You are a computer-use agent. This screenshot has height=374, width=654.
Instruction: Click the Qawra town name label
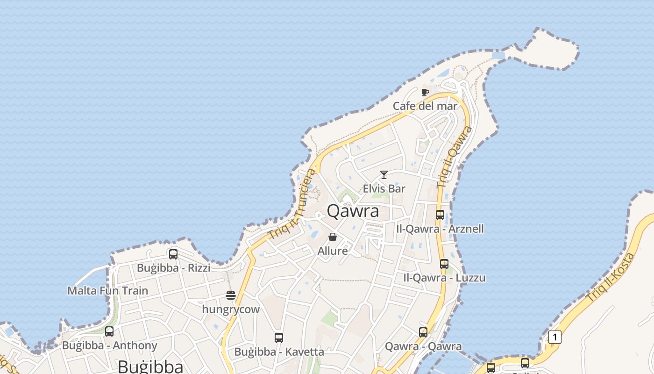353,211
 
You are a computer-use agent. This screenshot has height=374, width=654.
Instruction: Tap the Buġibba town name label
150,367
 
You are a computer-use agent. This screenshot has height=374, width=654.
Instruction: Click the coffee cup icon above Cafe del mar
425,92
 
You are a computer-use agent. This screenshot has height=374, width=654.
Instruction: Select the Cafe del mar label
425,106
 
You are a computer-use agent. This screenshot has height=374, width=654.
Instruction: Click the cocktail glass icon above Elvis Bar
384,175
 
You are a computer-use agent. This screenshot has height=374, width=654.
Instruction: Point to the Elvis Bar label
384,189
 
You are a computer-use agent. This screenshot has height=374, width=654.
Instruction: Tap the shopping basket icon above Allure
333,237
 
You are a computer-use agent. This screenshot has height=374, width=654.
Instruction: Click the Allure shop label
333,251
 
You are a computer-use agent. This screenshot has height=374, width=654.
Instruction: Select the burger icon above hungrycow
231,295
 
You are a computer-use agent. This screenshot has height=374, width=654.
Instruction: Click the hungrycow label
231,309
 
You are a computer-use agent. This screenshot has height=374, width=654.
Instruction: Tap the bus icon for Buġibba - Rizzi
173,254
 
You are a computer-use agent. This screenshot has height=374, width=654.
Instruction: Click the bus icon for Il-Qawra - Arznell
440,215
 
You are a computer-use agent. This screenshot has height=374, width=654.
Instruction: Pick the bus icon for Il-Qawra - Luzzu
444,264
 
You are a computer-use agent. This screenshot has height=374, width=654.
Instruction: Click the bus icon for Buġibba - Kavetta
279,338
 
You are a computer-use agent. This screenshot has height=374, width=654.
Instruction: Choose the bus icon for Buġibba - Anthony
109,331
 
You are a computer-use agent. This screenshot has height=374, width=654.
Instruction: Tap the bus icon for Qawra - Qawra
423,332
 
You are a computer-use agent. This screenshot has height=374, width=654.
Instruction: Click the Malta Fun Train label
107,291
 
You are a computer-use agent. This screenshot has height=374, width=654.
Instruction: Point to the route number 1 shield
554,337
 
